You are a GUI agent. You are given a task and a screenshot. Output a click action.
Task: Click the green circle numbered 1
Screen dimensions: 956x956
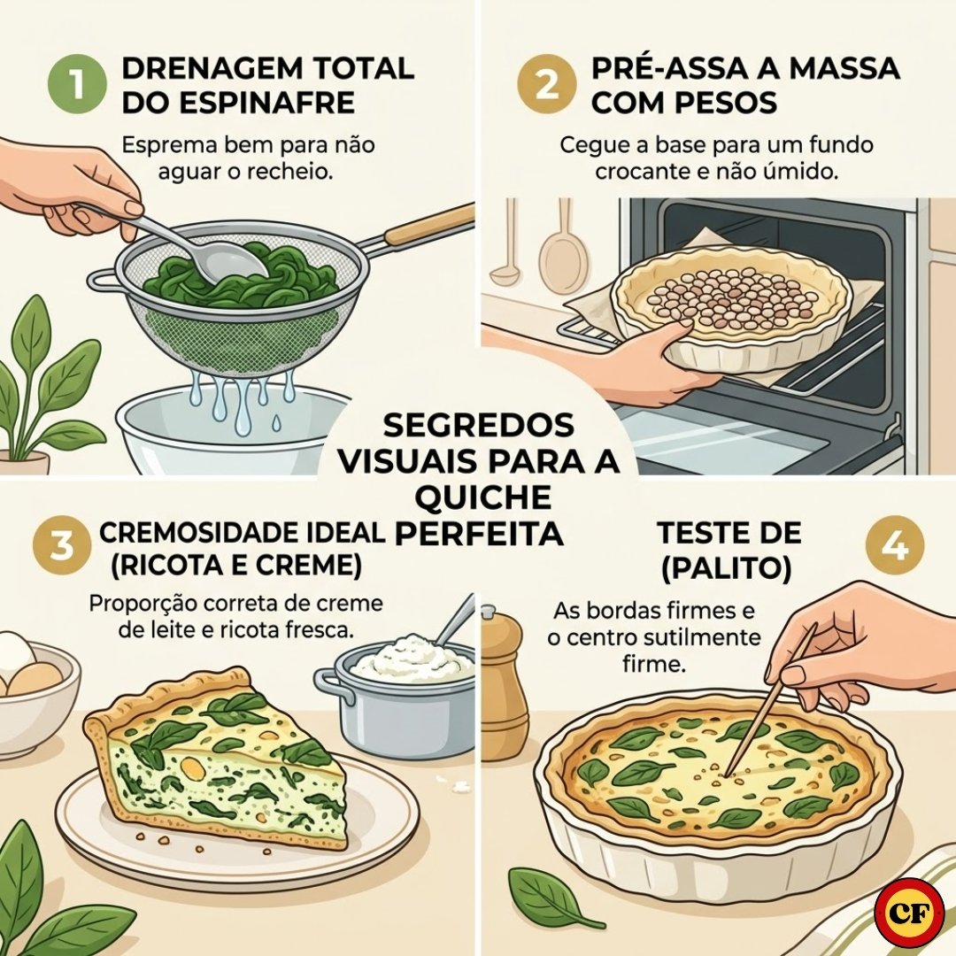pos(78,85)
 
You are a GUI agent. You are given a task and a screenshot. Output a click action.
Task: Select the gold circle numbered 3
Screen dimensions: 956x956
pos(62,546)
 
